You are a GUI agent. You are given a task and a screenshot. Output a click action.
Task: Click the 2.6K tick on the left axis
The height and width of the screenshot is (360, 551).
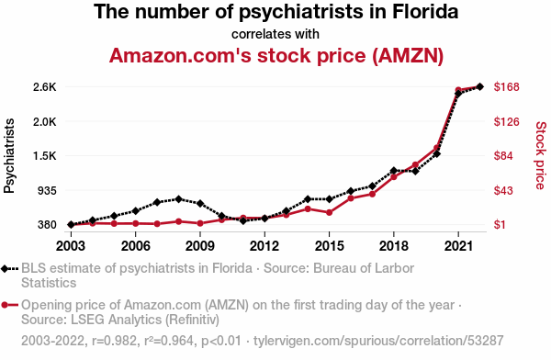(x=45, y=87)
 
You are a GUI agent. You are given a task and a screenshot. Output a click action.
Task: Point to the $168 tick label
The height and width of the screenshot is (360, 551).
(x=506, y=87)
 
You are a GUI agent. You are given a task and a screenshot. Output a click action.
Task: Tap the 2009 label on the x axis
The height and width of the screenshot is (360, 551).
(x=200, y=246)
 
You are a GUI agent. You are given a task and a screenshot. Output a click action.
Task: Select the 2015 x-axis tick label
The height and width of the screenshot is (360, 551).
(x=329, y=246)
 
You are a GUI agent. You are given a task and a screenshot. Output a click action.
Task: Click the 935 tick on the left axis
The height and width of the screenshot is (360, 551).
(x=47, y=191)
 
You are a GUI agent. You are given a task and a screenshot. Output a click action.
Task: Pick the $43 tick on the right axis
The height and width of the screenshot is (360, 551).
(x=503, y=190)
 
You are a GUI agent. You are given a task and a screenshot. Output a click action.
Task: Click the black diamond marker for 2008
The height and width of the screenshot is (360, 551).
(x=178, y=199)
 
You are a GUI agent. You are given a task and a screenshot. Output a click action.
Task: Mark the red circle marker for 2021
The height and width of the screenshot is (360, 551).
(x=458, y=90)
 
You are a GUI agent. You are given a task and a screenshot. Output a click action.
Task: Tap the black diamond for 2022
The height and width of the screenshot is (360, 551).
(x=479, y=86)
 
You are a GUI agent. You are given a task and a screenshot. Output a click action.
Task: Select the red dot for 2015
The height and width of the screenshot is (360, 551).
(x=330, y=213)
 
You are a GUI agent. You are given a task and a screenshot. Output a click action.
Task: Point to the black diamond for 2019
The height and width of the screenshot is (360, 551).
(x=415, y=171)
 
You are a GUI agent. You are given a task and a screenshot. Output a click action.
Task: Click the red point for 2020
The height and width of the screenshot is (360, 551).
(x=437, y=148)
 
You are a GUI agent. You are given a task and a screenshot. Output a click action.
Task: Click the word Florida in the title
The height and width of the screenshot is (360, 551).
(x=425, y=12)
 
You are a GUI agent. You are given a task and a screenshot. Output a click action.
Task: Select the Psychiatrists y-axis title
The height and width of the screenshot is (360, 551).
(x=9, y=156)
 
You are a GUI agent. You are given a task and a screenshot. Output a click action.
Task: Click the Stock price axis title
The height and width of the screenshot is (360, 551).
(x=541, y=155)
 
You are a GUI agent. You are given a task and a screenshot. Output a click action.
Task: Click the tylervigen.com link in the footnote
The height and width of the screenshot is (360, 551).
(x=378, y=341)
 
